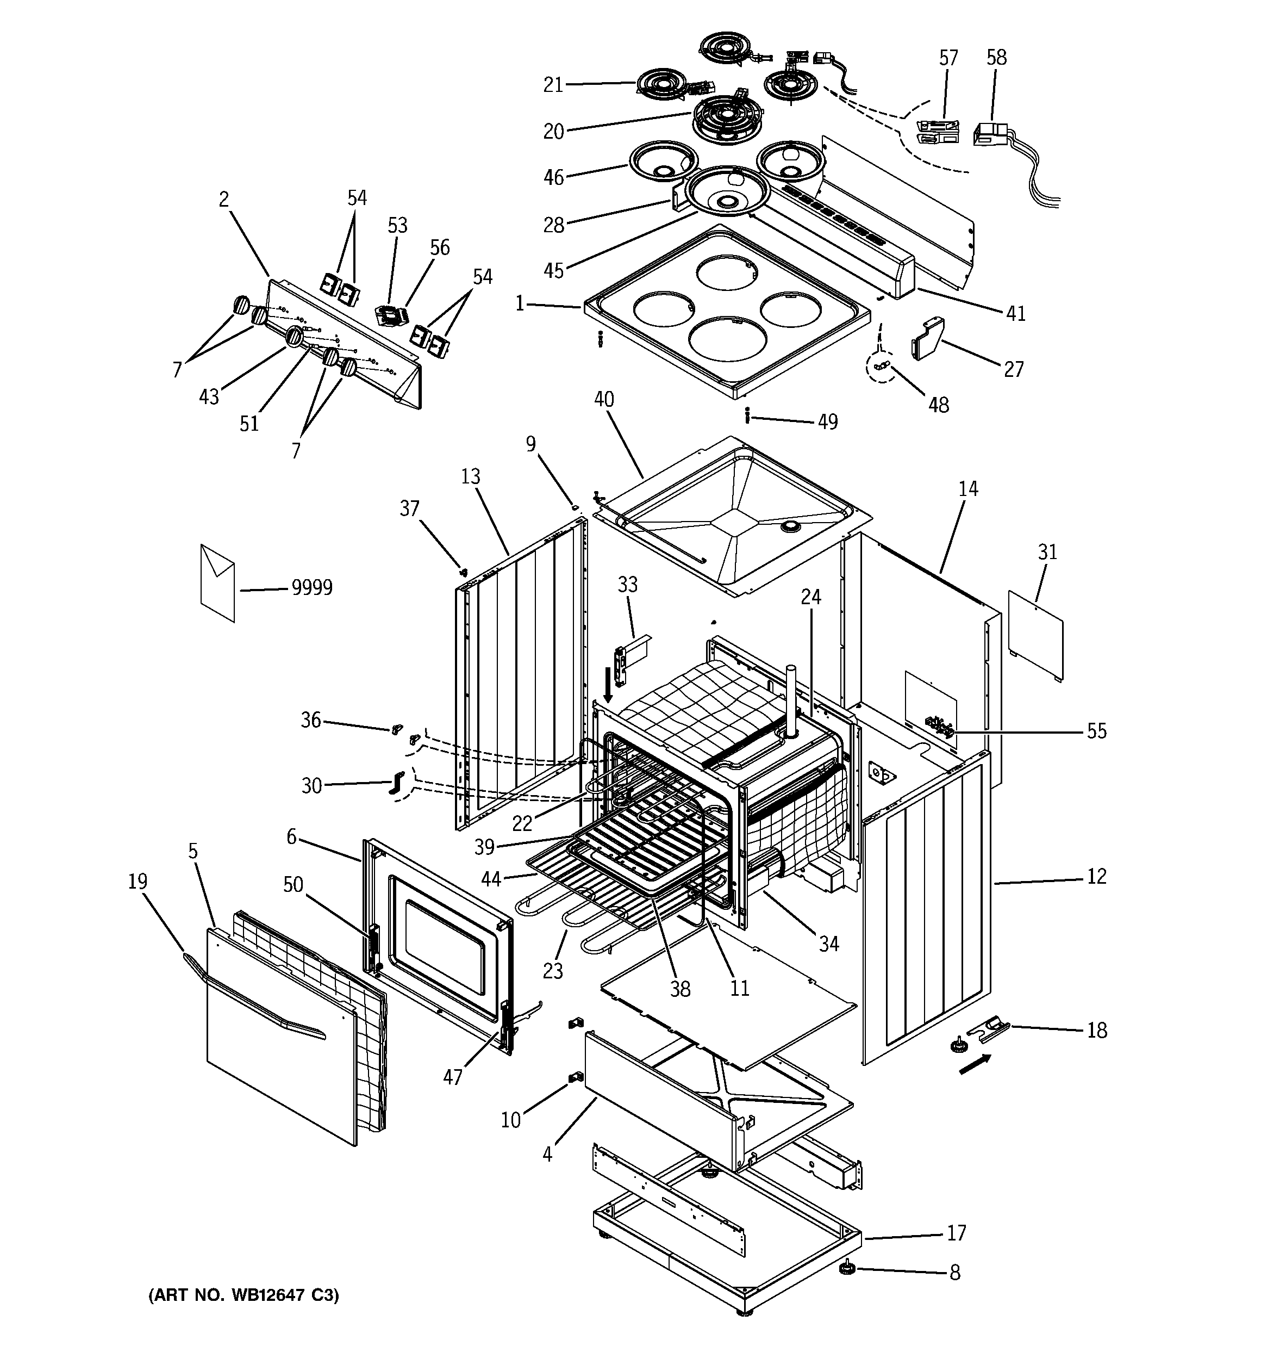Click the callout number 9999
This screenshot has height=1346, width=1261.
pos(312,588)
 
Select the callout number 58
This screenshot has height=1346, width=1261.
pos(996,58)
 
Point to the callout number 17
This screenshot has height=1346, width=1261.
pos(956,1233)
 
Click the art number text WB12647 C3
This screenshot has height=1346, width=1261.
pos(244,1295)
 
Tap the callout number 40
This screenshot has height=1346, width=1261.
pos(604,400)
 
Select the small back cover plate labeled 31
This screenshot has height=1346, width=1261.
pos(1034,635)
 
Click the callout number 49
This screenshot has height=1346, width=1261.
pos(828,422)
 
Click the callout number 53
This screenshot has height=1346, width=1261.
pos(397,226)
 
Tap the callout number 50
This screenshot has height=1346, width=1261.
pos(292,885)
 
